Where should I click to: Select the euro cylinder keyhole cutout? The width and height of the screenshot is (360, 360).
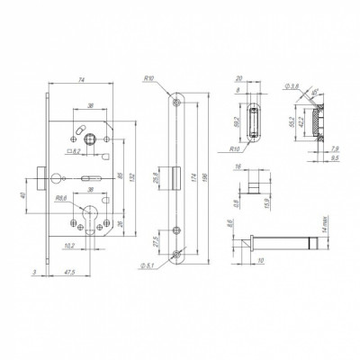click(x=90, y=220)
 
